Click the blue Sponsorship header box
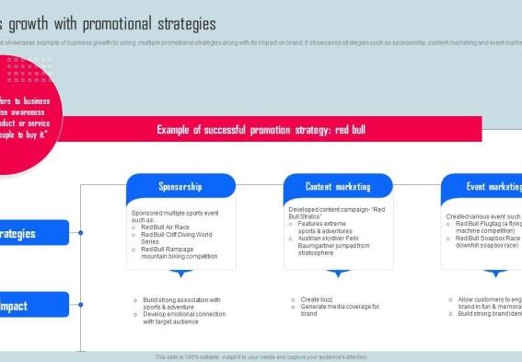180,186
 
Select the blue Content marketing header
338,186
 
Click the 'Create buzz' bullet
319,299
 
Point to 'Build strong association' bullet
181,303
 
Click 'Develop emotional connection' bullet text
183,318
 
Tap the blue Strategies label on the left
33,233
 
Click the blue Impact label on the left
33,305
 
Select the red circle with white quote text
32,115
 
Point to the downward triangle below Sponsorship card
181,274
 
